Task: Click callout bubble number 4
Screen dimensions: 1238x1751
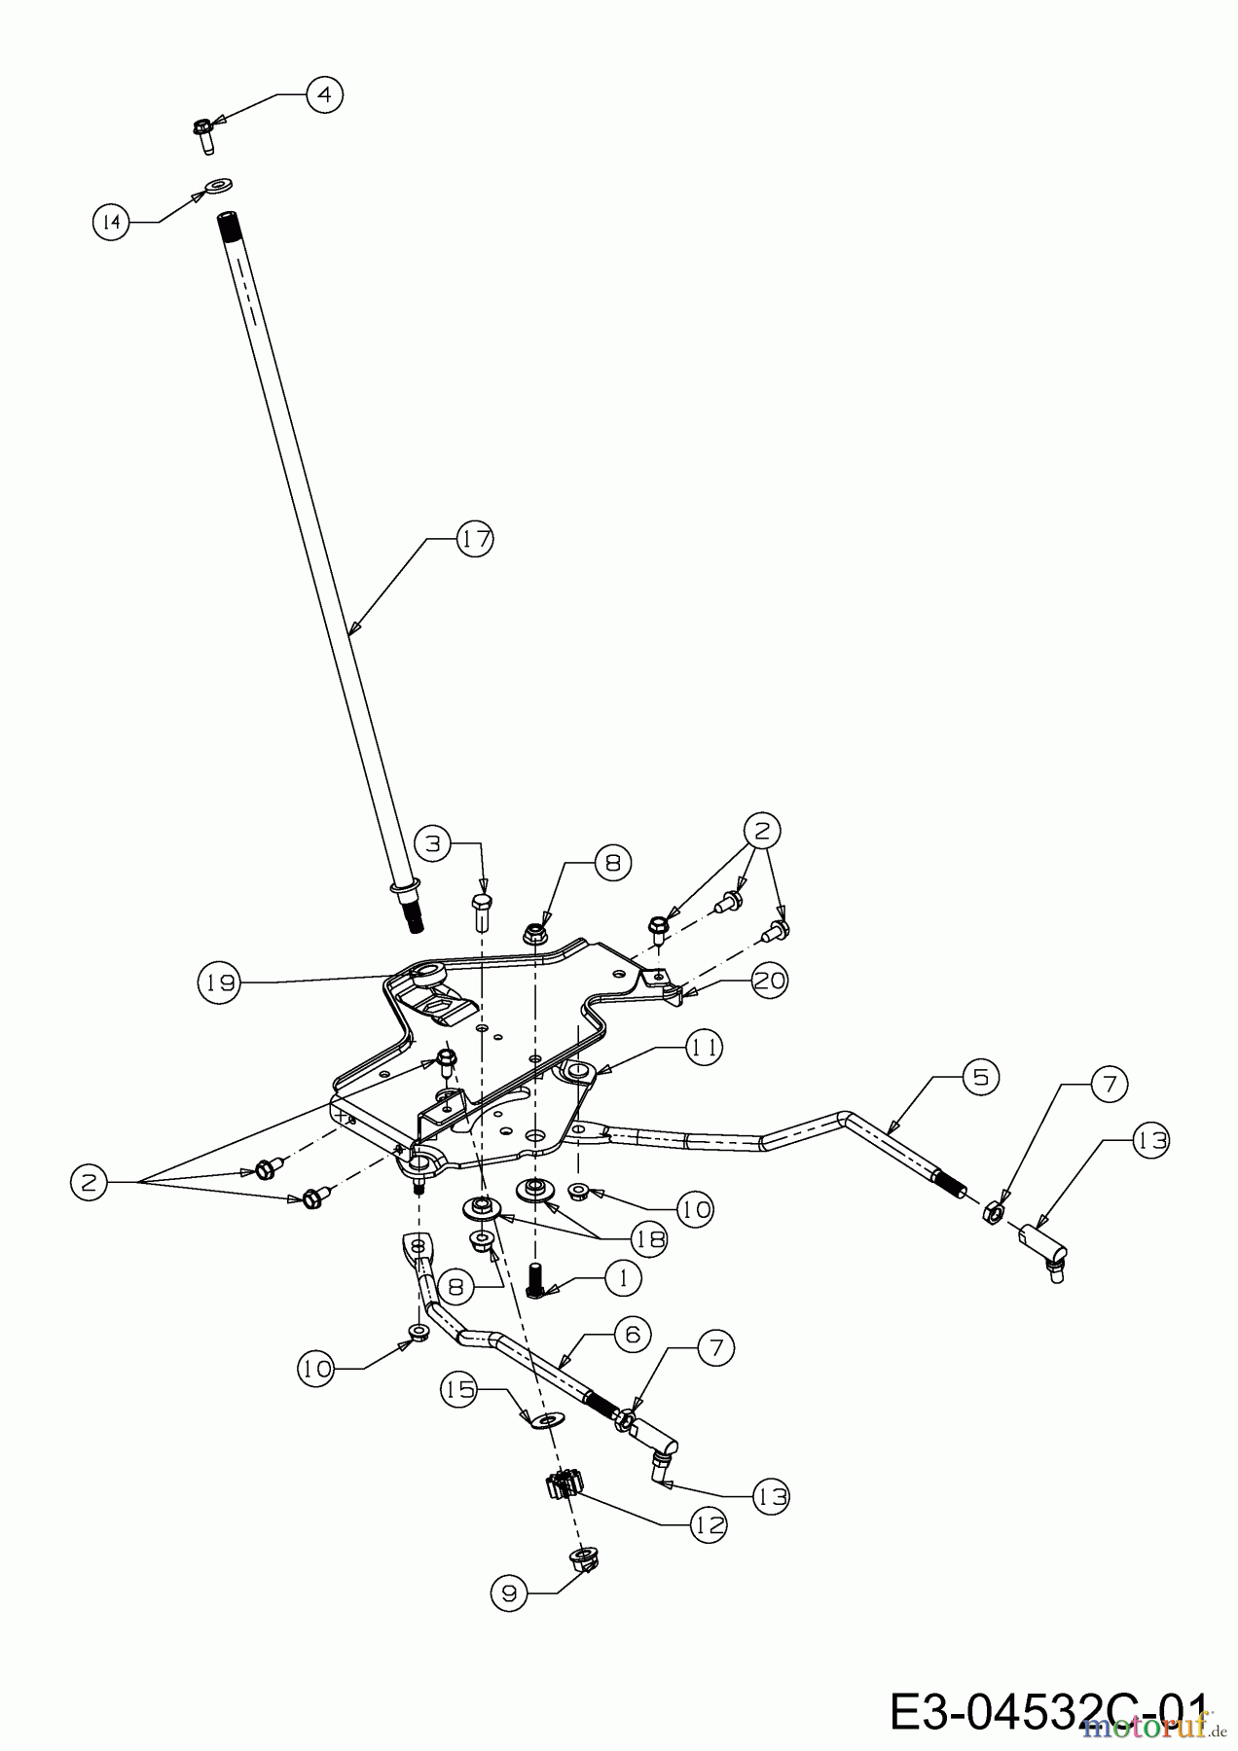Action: (x=325, y=94)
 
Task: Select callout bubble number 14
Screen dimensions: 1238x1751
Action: (x=112, y=223)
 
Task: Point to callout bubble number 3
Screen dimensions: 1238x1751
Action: (x=434, y=843)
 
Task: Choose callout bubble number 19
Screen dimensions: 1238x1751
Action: (x=219, y=983)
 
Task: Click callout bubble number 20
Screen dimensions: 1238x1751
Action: (x=769, y=981)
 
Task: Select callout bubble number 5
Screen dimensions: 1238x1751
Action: (x=980, y=1076)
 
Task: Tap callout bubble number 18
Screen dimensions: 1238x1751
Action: (x=649, y=1238)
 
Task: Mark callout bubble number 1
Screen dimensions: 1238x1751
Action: (x=624, y=1277)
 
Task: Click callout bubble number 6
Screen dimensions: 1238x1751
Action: (x=633, y=1335)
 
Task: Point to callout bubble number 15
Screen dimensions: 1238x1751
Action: (x=459, y=1389)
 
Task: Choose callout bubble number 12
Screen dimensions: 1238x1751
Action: (x=709, y=1525)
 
